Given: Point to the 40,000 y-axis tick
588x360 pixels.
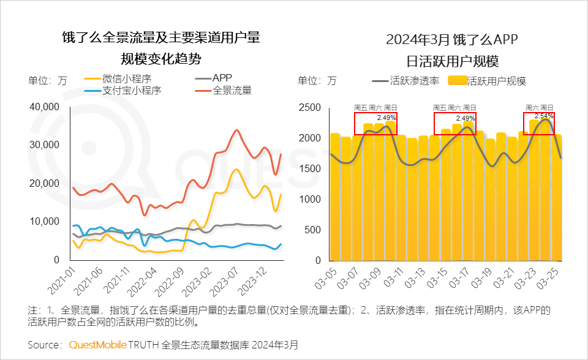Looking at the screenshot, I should point(43,107).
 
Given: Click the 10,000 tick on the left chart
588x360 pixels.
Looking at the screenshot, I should point(43,222).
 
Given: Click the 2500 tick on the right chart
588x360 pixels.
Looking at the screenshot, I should point(309,107).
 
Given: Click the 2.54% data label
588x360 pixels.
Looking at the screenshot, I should point(544,115).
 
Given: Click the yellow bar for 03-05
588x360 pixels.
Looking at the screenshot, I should point(335,196).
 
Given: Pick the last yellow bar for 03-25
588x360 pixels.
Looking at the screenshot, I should point(557,196).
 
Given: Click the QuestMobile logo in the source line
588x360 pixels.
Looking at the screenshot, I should point(97,345).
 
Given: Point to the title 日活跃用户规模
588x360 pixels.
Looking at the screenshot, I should point(453,61).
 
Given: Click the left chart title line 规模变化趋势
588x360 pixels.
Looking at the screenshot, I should point(161,59).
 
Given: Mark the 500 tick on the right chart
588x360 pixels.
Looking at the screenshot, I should point(312,230).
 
